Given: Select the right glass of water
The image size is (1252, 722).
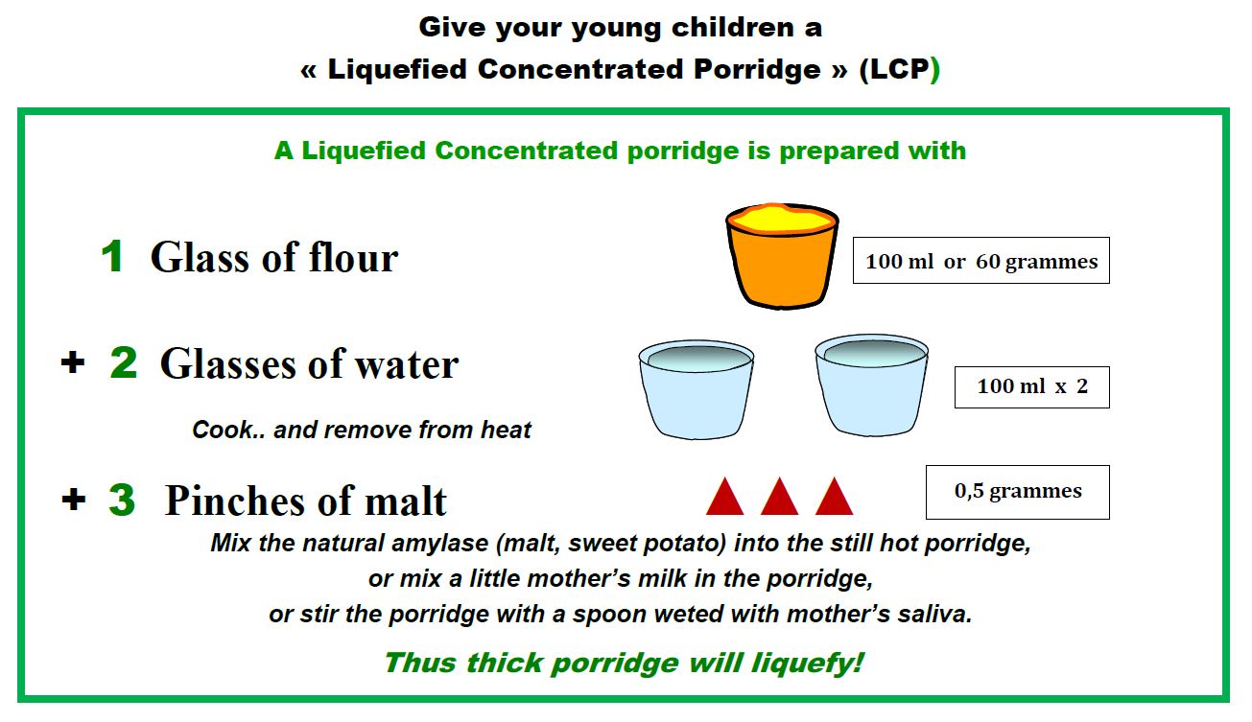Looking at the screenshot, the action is tap(871, 385).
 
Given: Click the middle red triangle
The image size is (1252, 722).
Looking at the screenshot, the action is tap(780, 496).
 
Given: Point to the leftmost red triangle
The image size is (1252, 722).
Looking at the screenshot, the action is tap(725, 496).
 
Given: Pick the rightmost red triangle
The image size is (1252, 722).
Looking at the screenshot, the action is tap(834, 496).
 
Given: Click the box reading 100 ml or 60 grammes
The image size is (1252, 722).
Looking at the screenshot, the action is tap(980, 260).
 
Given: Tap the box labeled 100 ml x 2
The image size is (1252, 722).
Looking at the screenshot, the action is tap(1031, 387).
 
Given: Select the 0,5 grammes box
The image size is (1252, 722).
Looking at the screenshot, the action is tap(1017, 492).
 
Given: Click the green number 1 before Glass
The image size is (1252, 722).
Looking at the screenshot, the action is tap(113, 256).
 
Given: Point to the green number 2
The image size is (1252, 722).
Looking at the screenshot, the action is tap(124, 362).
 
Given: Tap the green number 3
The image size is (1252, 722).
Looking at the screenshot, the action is tap(122, 500).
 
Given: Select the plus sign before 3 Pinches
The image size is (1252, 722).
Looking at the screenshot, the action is tap(73, 499).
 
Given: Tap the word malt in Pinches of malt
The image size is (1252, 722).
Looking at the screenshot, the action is tap(405, 501).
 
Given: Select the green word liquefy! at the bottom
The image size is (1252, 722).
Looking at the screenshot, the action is tap(808, 664).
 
